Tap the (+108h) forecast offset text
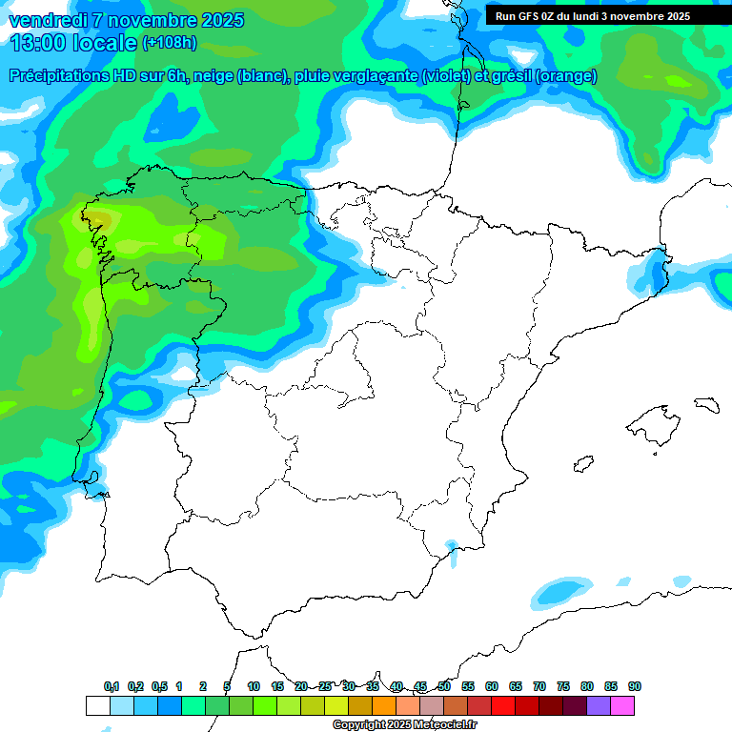tap(169, 43)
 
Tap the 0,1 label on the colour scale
tap(112, 686)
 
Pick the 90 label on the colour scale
tap(635, 686)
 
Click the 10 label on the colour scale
tap(254, 686)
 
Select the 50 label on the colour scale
tap(444, 686)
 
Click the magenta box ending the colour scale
tap(622, 705)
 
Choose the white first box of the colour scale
tap(97, 705)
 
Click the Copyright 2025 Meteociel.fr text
tap(405, 725)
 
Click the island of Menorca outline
tap(706, 404)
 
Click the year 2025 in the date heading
tap(222, 20)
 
